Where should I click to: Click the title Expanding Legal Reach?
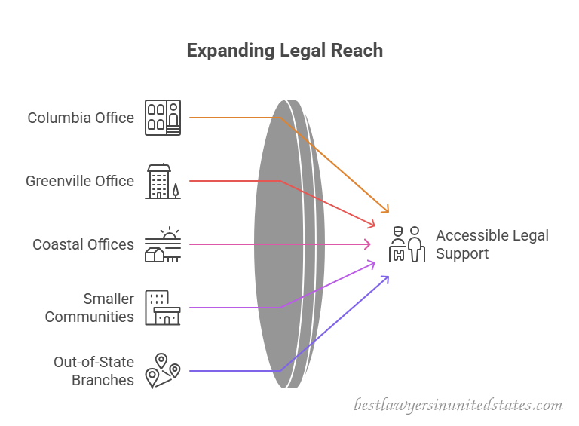(x=285, y=51)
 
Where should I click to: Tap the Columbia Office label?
(x=81, y=118)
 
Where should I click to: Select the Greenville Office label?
(x=80, y=181)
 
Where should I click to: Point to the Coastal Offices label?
(x=83, y=244)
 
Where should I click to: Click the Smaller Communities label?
(x=90, y=308)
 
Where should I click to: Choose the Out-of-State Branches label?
(x=93, y=371)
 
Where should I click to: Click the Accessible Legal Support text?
(x=492, y=244)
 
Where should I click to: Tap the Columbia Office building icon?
(x=163, y=118)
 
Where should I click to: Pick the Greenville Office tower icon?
(x=163, y=181)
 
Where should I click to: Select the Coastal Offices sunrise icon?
(x=163, y=244)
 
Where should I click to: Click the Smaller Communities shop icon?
(x=163, y=308)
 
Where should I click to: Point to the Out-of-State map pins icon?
(x=163, y=371)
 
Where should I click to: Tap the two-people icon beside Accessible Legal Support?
(x=407, y=244)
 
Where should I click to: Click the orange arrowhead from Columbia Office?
(x=385, y=209)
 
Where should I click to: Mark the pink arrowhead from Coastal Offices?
(x=367, y=244)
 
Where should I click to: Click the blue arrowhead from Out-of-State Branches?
(x=385, y=280)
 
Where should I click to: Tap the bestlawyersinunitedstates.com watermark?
(x=458, y=405)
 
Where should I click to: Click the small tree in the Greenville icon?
(x=176, y=191)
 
